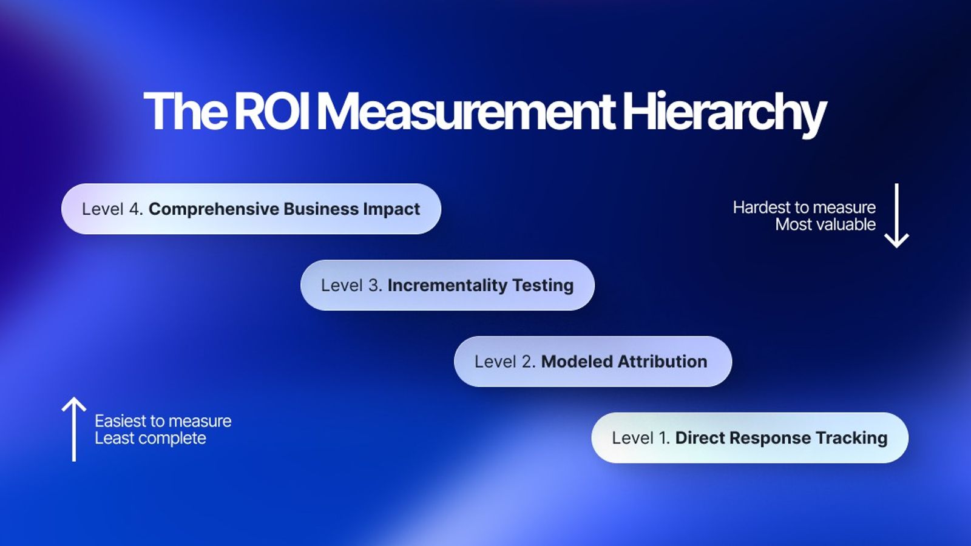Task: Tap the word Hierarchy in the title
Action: click(x=724, y=112)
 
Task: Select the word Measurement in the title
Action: click(x=466, y=111)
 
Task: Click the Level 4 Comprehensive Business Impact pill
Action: click(x=251, y=209)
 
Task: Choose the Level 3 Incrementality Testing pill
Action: click(x=447, y=285)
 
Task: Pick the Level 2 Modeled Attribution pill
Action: click(x=592, y=362)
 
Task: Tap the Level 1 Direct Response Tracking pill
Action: click(x=749, y=438)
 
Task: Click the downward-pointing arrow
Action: click(x=896, y=216)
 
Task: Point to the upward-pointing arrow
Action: click(x=74, y=429)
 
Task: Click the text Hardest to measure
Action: click(x=804, y=207)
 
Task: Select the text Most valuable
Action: click(x=825, y=224)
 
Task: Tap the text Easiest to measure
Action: click(x=163, y=421)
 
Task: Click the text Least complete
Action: click(x=151, y=438)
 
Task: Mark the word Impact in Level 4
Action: click(x=391, y=209)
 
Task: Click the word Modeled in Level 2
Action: click(x=577, y=362)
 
